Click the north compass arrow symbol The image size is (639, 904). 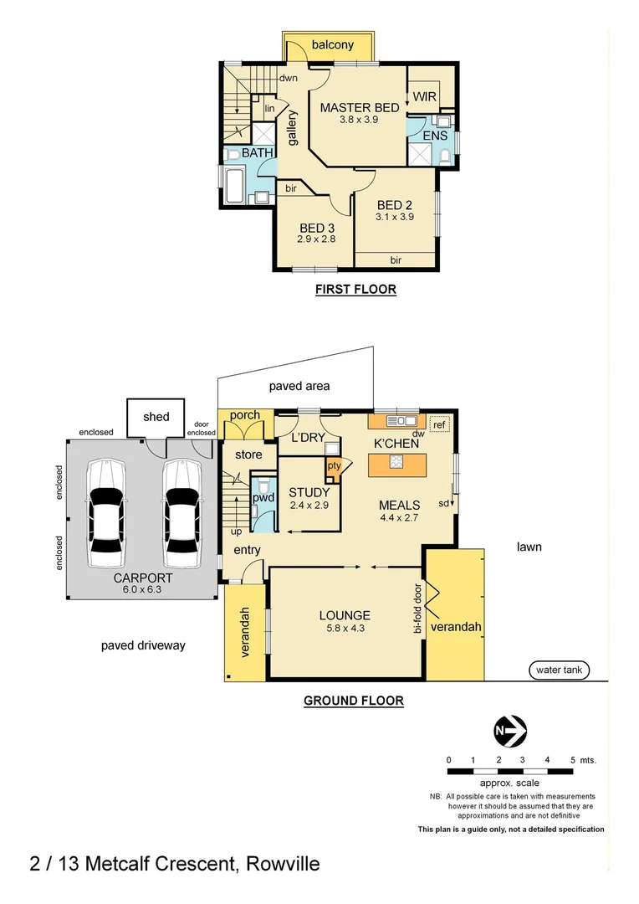(x=509, y=730)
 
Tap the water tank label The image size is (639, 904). (x=559, y=670)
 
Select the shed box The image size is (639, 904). (x=156, y=417)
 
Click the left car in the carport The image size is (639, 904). (x=106, y=512)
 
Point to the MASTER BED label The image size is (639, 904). (x=360, y=107)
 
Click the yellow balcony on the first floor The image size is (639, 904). (x=333, y=45)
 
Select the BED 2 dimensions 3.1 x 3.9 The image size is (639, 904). (x=395, y=217)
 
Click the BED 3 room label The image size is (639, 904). (x=317, y=226)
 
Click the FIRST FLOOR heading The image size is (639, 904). (x=355, y=290)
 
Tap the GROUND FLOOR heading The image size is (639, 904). (x=353, y=701)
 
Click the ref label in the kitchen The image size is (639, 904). (x=439, y=424)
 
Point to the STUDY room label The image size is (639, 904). (x=309, y=493)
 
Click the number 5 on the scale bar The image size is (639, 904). (x=572, y=759)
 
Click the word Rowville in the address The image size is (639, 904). (x=283, y=864)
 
